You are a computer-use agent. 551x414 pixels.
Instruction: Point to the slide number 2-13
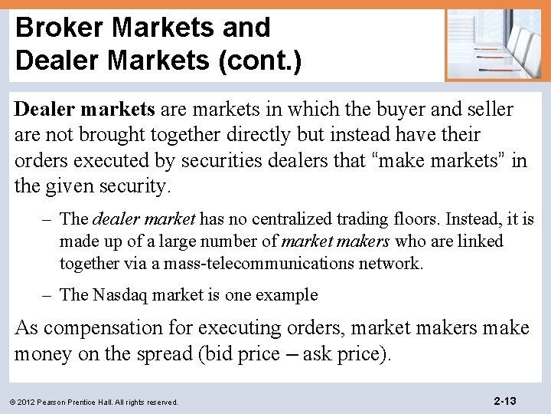(505, 400)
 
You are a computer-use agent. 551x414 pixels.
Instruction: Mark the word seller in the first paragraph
(486, 110)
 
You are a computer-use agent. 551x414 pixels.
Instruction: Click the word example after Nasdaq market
(286, 295)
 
